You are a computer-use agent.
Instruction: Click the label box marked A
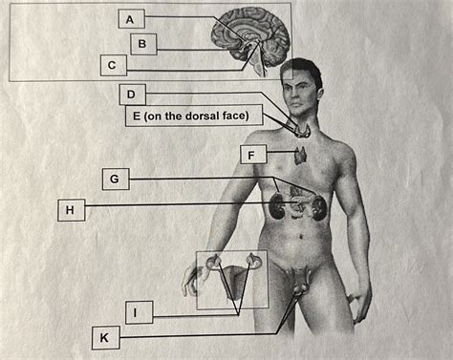pos(132,19)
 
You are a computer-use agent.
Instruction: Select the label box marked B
pos(142,44)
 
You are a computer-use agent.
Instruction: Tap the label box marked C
pos(112,66)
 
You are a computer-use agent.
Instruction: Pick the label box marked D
pos(132,95)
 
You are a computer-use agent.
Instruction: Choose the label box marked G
pos(114,179)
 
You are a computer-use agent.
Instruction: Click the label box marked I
pos(139,311)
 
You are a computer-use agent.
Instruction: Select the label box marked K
pos(104,336)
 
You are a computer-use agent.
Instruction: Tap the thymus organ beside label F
pos(301,153)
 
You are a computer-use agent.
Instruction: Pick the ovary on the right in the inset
pos(254,259)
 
